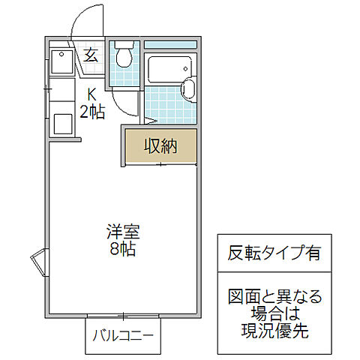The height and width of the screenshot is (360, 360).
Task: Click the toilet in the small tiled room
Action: click(x=123, y=58)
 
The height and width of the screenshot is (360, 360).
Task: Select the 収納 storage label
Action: click(x=160, y=146)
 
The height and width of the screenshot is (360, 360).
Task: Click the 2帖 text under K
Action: click(x=91, y=112)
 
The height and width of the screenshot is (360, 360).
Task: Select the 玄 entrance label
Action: click(x=91, y=54)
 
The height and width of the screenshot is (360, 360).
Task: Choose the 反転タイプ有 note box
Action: click(x=274, y=253)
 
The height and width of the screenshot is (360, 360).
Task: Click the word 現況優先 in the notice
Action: click(x=274, y=329)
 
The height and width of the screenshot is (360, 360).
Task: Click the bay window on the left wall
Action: click(x=37, y=263)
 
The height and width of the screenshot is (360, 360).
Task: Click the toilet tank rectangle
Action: click(x=123, y=46)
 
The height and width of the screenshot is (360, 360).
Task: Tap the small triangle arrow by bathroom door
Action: click(x=150, y=119)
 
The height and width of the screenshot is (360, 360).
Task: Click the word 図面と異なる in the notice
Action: click(x=274, y=296)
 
